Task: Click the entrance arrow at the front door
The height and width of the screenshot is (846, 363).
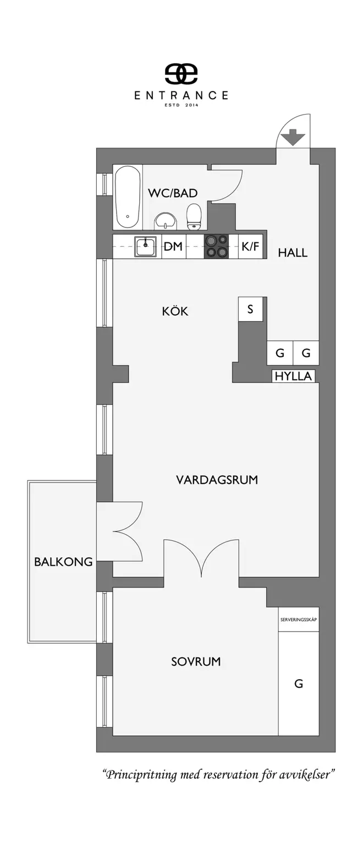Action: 293,137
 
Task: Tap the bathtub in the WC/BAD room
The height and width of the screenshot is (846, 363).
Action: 128,197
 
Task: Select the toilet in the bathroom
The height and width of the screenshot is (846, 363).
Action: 194,217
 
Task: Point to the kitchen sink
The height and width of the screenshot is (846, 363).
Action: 146,246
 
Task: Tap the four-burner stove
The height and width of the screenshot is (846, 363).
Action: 216,246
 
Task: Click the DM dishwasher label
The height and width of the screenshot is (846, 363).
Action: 173,247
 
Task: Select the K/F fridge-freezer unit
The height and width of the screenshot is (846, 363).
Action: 250,247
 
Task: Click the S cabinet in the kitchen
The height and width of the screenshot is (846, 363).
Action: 250,309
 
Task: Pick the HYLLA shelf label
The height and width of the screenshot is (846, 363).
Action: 294,377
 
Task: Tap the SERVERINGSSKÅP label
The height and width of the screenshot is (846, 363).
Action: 298,620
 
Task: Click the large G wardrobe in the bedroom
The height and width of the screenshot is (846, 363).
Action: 299,684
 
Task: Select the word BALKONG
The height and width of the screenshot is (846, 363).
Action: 63,562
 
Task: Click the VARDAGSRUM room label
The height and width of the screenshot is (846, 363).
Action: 217,480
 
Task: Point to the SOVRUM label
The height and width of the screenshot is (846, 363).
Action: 196,661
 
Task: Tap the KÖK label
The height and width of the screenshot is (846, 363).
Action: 175,311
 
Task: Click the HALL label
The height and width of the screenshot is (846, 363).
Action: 293,253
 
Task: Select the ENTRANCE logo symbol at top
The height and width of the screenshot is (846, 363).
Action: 181,74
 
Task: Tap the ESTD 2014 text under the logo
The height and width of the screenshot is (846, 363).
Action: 181,104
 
